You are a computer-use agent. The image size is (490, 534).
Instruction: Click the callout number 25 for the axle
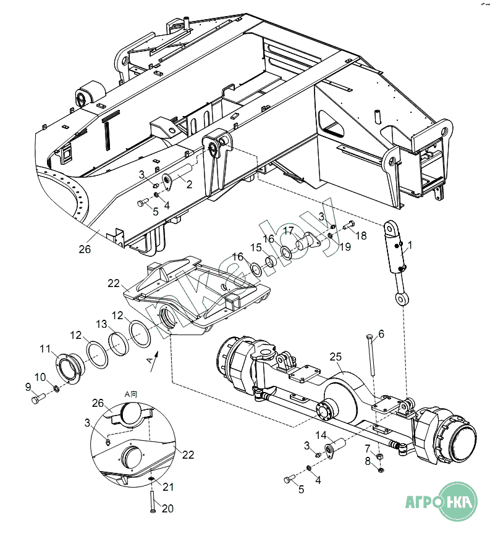(336, 357)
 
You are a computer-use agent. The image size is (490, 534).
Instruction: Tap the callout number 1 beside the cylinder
(410, 245)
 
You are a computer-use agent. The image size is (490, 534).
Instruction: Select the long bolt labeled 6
(371, 355)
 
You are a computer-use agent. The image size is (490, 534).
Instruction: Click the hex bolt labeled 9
(38, 398)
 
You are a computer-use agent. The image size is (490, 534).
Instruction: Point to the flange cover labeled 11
(70, 369)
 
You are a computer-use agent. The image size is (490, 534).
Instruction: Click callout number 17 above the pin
(289, 230)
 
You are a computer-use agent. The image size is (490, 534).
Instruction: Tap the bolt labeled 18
(349, 225)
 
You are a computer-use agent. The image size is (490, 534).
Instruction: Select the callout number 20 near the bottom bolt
(167, 509)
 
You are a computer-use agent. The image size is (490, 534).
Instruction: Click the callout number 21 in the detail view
(168, 487)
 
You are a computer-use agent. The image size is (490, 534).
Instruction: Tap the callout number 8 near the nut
(368, 461)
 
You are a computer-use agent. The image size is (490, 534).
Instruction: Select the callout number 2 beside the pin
(189, 184)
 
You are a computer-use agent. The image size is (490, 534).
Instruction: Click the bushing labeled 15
(271, 262)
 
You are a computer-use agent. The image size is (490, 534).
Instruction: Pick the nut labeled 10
(56, 388)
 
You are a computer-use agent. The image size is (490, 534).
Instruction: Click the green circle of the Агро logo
(457, 501)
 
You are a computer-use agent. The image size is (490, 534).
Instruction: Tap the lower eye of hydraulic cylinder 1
(402, 299)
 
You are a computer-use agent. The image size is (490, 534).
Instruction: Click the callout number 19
(345, 246)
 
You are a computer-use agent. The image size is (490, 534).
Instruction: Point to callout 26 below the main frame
(85, 249)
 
